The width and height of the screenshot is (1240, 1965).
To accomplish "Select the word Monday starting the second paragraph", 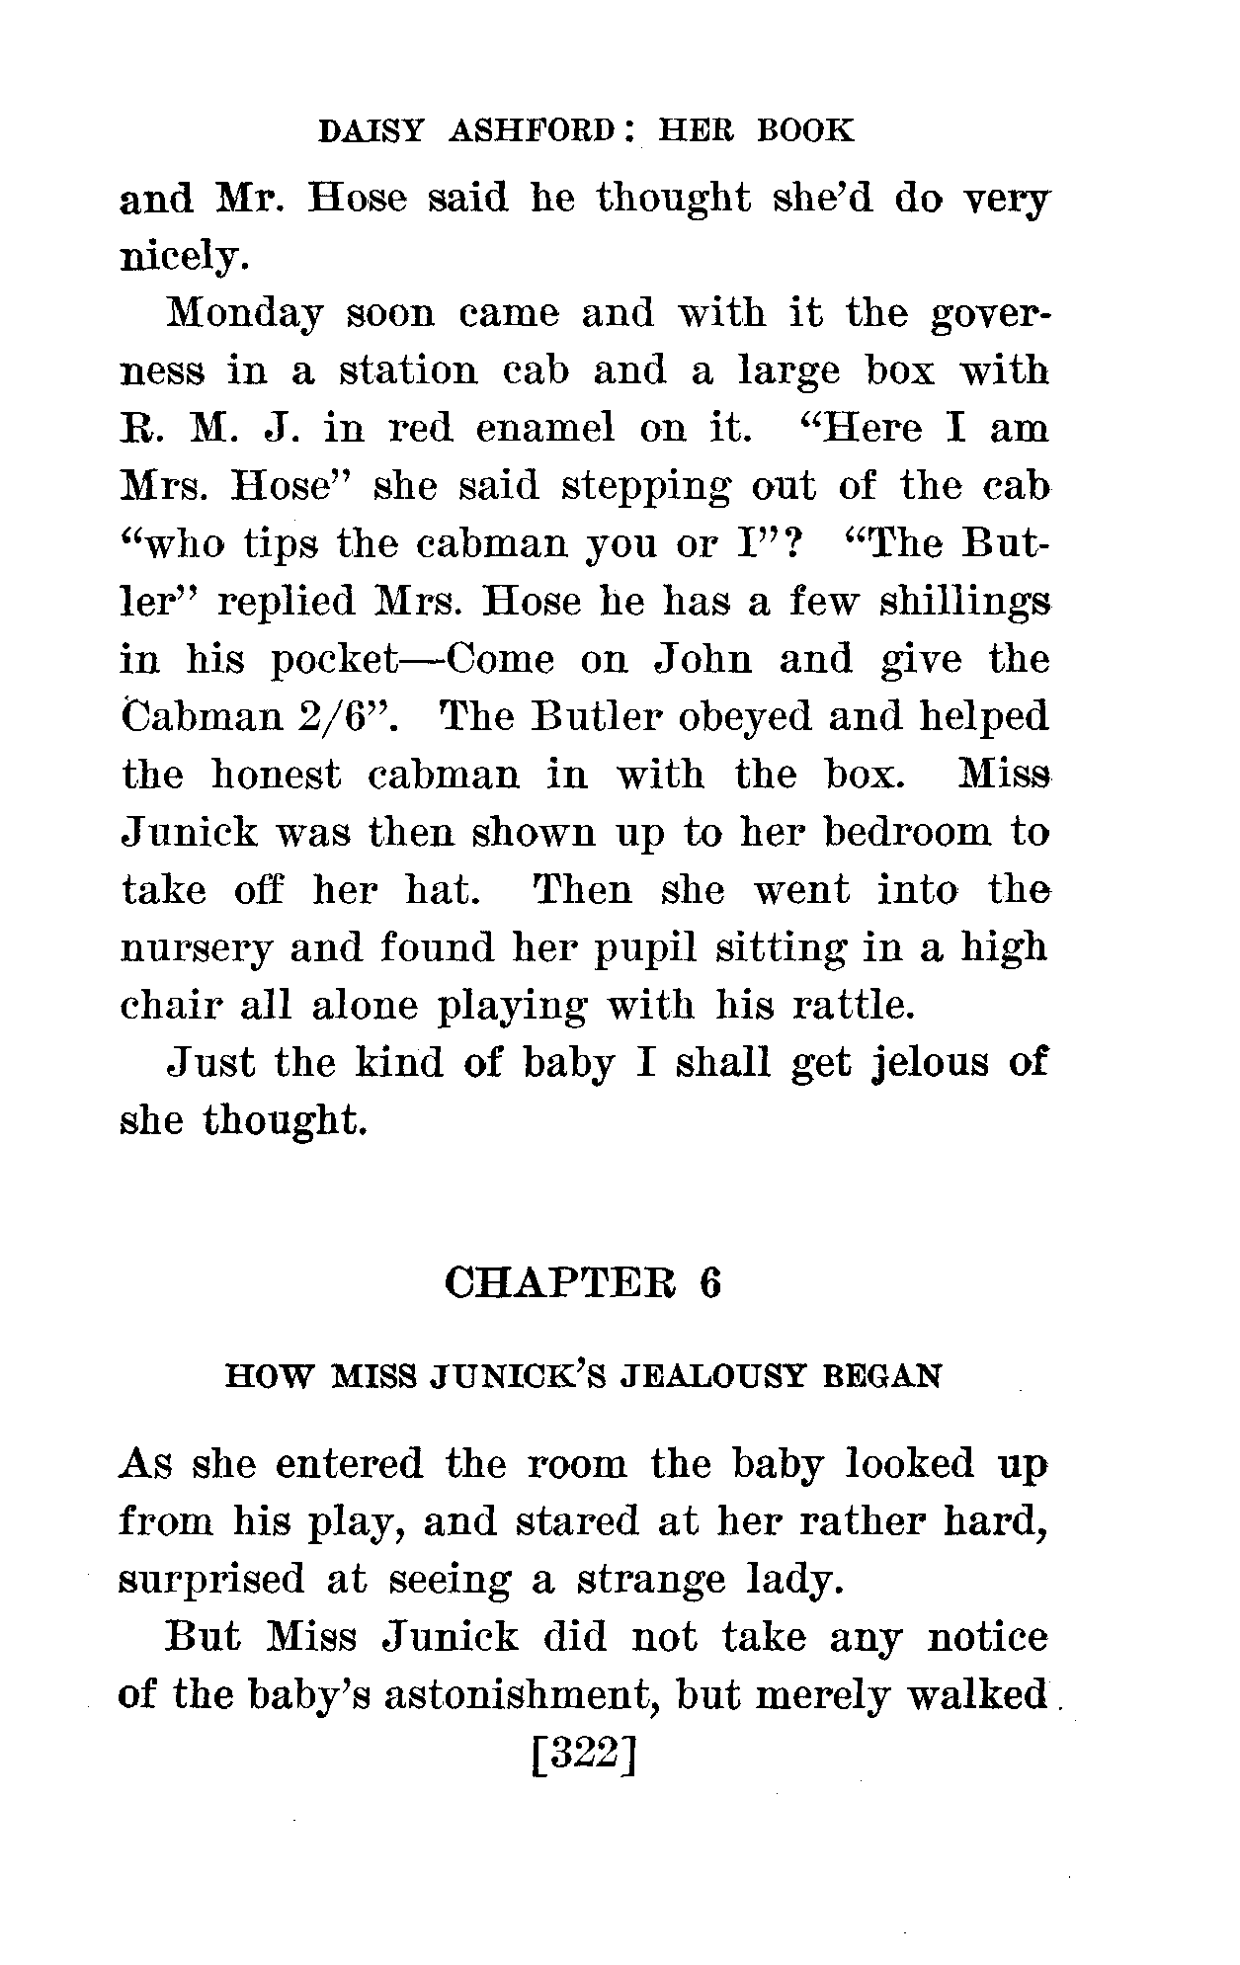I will coord(246,314).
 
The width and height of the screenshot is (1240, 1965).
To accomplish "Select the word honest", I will coord(276,775).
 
